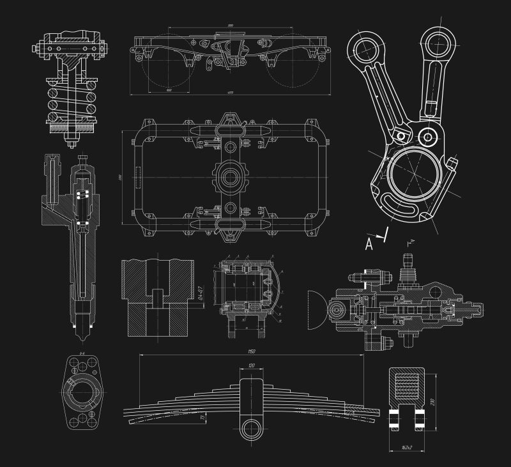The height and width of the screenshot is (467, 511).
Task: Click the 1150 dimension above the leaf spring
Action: (x=251, y=351)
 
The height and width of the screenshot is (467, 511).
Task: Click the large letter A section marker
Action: (x=369, y=243)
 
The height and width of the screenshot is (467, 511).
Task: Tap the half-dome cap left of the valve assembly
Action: (x=317, y=310)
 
